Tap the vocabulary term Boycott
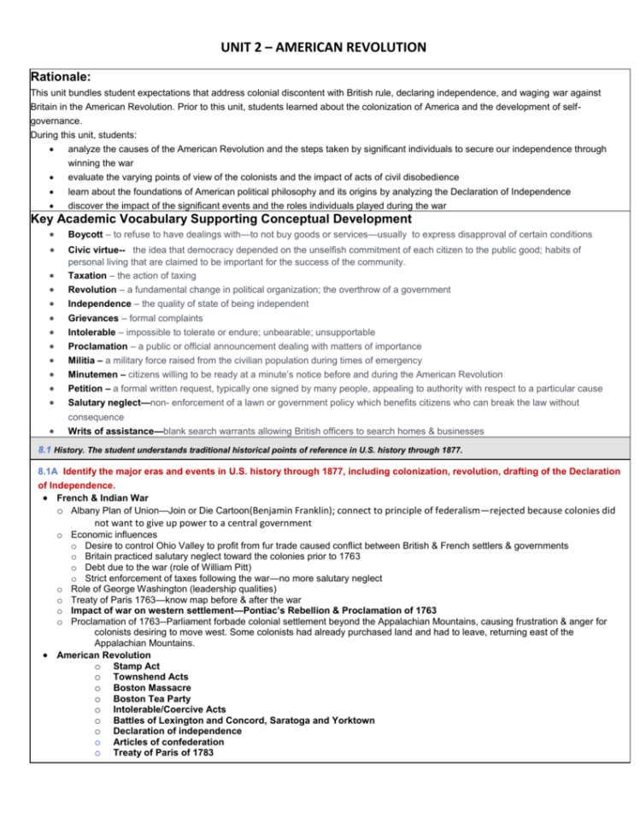pyautogui.click(x=87, y=235)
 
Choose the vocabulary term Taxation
pyautogui.click(x=90, y=276)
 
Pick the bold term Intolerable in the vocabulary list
pyautogui.click(x=93, y=333)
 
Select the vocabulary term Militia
pyautogui.click(x=85, y=361)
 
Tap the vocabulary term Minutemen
pyautogui.click(x=97, y=374)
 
